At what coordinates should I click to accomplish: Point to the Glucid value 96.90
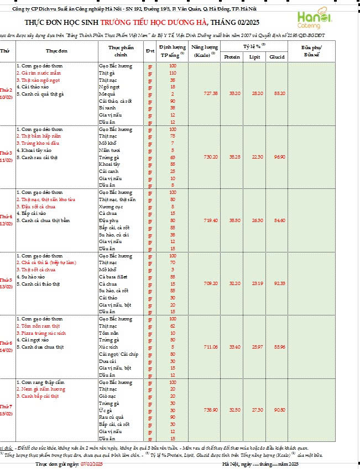[279, 157]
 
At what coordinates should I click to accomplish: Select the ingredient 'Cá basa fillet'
[114, 276]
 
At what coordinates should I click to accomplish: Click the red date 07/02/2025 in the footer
[92, 465]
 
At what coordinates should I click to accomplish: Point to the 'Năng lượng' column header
[199, 50]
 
